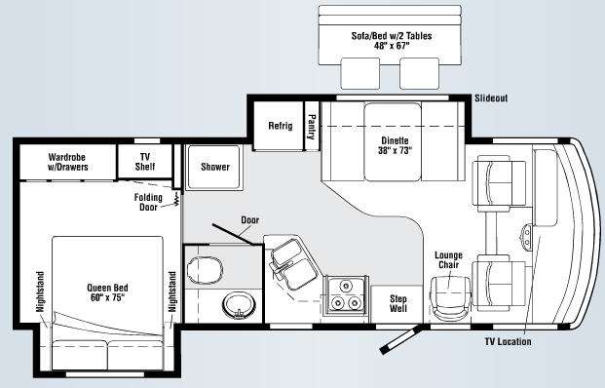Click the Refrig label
point(281,126)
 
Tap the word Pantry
point(312,127)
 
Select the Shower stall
point(214,167)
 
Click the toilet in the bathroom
point(205,268)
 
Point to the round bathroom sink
point(239,305)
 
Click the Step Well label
point(397,303)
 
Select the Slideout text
point(491,98)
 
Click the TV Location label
point(508,341)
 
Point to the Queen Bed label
point(107,292)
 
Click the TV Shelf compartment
point(145,162)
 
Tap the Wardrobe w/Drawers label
point(68,162)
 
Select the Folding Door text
point(148,203)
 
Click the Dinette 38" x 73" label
point(396,145)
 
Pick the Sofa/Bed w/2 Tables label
point(392,41)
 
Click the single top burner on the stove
point(346,286)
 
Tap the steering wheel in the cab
point(526,236)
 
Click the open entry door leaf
point(400,340)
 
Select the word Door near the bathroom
point(250,220)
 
